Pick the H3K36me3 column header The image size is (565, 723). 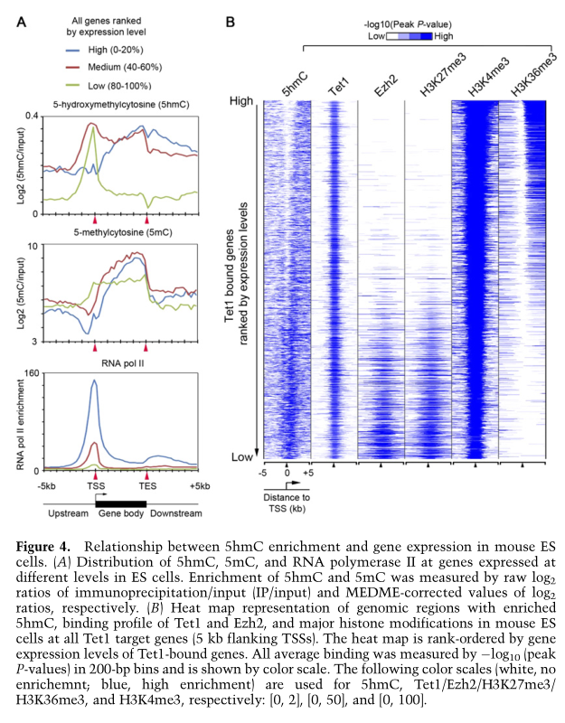(527, 79)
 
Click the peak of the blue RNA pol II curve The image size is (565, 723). (95, 381)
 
